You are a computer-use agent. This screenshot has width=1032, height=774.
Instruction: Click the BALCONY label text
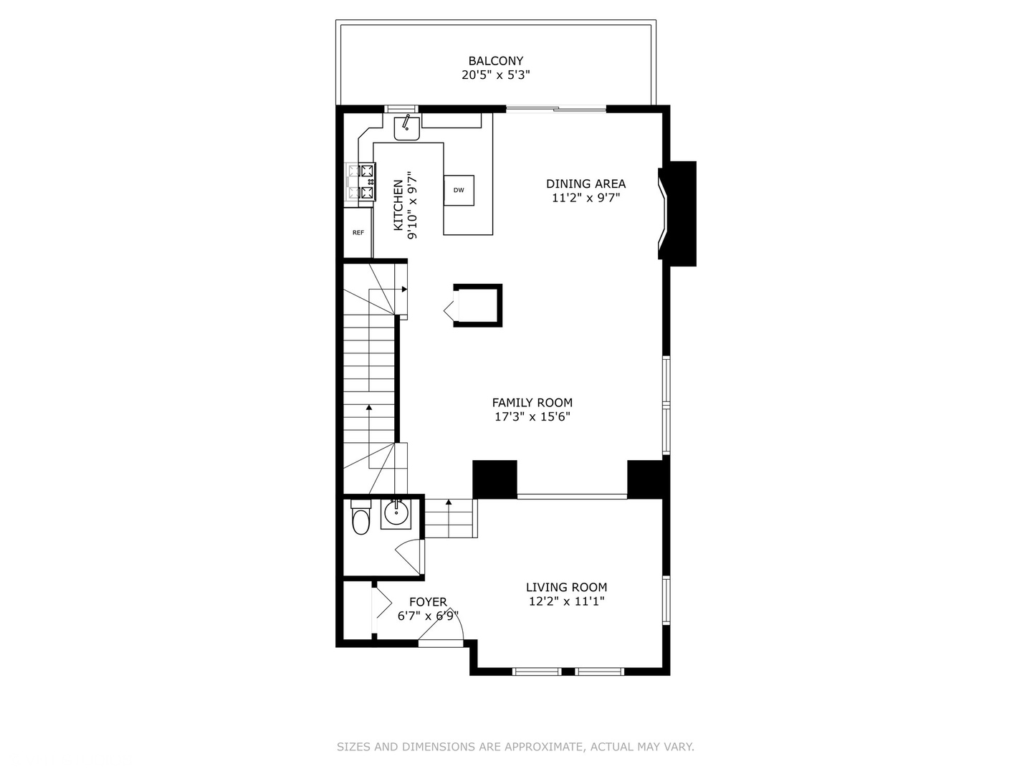(x=495, y=61)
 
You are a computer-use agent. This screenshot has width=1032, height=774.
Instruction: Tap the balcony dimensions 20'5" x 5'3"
(x=495, y=75)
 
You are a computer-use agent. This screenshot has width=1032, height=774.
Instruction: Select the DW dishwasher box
(x=459, y=190)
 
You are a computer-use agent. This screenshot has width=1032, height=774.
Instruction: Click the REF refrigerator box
(x=358, y=232)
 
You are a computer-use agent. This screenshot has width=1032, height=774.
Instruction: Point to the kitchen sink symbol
(x=406, y=128)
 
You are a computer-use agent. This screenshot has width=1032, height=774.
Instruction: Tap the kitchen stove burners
(x=362, y=182)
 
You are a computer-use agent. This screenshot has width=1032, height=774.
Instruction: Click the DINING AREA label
(x=586, y=183)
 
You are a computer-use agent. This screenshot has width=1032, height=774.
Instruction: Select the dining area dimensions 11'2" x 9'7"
(x=586, y=198)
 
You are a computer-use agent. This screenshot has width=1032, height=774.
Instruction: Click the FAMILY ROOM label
(x=532, y=403)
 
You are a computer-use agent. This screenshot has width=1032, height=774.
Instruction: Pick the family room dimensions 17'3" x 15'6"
(x=532, y=417)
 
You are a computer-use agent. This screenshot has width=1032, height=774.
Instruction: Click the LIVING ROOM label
(x=566, y=588)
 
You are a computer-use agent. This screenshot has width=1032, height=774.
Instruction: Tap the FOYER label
(x=428, y=602)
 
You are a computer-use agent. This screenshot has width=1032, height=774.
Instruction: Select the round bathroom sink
(x=395, y=512)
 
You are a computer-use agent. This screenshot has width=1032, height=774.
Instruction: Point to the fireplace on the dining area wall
(x=678, y=214)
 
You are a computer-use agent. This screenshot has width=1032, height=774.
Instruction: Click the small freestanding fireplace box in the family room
(x=478, y=306)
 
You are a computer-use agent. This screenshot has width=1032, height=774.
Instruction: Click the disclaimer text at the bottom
(x=515, y=747)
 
